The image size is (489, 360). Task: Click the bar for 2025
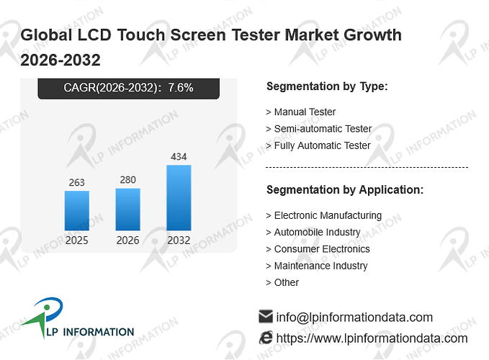[77, 211]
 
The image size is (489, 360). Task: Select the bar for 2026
[128, 210]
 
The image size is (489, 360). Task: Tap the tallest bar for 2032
[179, 197]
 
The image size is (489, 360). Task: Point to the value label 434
[179, 156]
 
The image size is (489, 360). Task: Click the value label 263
[77, 182]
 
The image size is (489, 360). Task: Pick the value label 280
[128, 180]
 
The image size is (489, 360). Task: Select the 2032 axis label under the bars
[179, 240]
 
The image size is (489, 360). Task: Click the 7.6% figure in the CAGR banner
[181, 88]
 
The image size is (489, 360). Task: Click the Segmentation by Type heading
[327, 86]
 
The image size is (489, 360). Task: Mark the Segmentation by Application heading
[345, 190]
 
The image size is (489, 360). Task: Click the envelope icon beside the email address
[266, 316]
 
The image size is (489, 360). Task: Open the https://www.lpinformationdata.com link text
[372, 338]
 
